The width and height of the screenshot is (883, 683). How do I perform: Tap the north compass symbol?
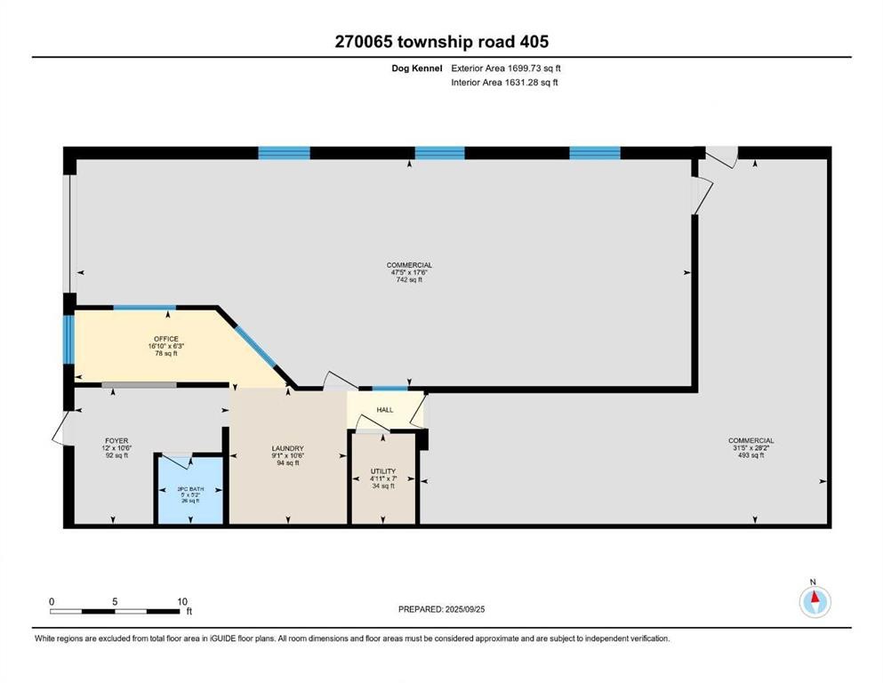[x=815, y=601]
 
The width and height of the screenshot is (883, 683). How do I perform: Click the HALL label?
[x=385, y=410]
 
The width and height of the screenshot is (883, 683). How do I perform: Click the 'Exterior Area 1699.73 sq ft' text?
[x=506, y=68]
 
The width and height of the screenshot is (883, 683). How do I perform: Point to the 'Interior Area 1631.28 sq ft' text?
[x=504, y=83]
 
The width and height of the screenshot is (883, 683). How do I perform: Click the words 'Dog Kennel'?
[x=421, y=68]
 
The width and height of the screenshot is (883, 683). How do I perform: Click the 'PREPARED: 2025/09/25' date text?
[x=441, y=609]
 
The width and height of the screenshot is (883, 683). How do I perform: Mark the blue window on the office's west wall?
[x=68, y=339]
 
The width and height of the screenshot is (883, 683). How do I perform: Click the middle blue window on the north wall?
[x=439, y=153]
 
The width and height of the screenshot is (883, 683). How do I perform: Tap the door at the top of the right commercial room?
[x=721, y=156]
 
